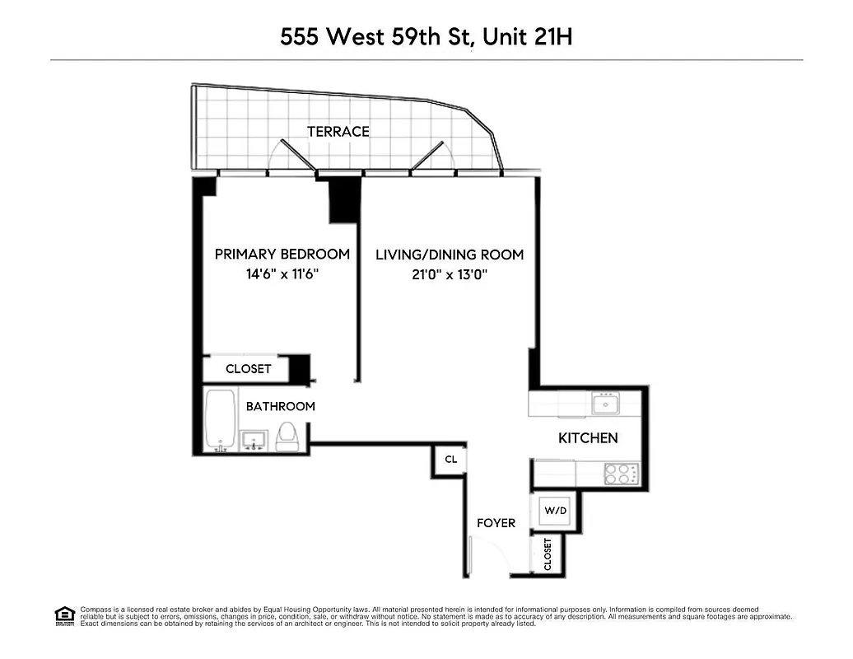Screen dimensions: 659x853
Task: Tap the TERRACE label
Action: coord(338,132)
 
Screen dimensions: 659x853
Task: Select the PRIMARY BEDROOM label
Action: coord(282,255)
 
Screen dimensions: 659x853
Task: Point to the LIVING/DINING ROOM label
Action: coord(450,255)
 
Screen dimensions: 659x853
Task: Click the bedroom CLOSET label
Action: coord(248,369)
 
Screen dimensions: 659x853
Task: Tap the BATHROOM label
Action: coord(280,406)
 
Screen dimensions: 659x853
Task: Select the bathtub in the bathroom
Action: coord(221,420)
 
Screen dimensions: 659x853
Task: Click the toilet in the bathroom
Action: coord(287,436)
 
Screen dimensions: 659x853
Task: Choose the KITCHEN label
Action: coord(588,438)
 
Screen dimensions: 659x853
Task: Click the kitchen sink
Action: coord(605,404)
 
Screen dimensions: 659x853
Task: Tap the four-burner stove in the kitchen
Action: coord(622,474)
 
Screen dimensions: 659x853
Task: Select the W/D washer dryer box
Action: coord(556,511)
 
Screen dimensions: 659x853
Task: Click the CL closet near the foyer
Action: coord(450,460)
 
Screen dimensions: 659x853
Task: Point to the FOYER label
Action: coord(496,523)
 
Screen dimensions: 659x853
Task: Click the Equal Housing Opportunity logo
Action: coord(64,615)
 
